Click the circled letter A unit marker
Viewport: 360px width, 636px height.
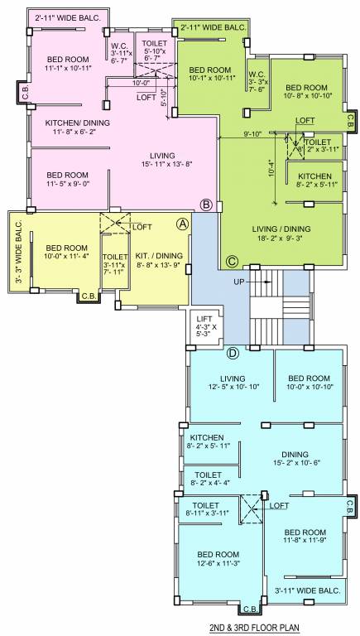(x=183, y=223)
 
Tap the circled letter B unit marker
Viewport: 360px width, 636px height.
(x=207, y=205)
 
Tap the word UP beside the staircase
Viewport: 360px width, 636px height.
(x=240, y=282)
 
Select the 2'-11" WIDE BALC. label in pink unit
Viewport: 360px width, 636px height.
(x=63, y=16)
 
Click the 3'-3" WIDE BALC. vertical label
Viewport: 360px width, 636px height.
(x=17, y=252)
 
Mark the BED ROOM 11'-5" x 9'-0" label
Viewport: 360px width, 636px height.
(x=67, y=180)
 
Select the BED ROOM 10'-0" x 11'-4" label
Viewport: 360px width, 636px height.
(x=66, y=253)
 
